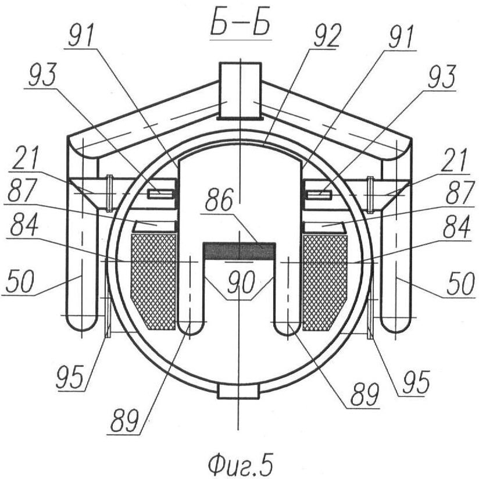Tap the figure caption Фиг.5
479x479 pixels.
pyautogui.click(x=241, y=464)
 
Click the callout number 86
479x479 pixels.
pyautogui.click(x=219, y=199)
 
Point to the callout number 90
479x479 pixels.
pyautogui.click(x=241, y=282)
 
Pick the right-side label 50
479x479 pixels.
pyautogui.click(x=461, y=284)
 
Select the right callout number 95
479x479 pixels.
pyautogui.click(x=416, y=382)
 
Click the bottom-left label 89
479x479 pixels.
pyautogui.click(x=124, y=420)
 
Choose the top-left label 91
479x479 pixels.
pyautogui.click(x=81, y=35)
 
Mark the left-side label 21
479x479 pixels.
pyautogui.click(x=26, y=158)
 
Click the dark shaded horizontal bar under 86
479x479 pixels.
pyautogui.click(x=239, y=251)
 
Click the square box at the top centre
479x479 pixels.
pyautogui.click(x=241, y=91)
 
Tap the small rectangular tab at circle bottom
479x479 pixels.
pyautogui.click(x=238, y=392)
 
